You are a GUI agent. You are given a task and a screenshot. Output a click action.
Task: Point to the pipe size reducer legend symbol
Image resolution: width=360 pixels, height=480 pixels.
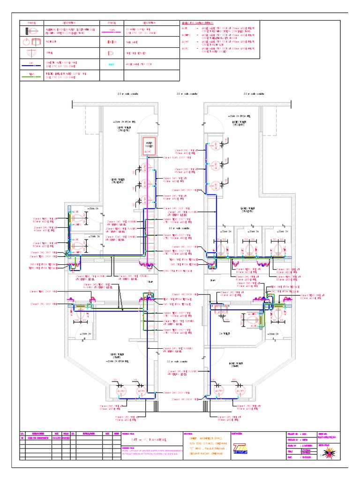pyautogui.click(x=112, y=53)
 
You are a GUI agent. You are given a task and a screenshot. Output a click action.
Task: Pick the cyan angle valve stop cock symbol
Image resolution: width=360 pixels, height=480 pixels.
pyautogui.click(x=112, y=64)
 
